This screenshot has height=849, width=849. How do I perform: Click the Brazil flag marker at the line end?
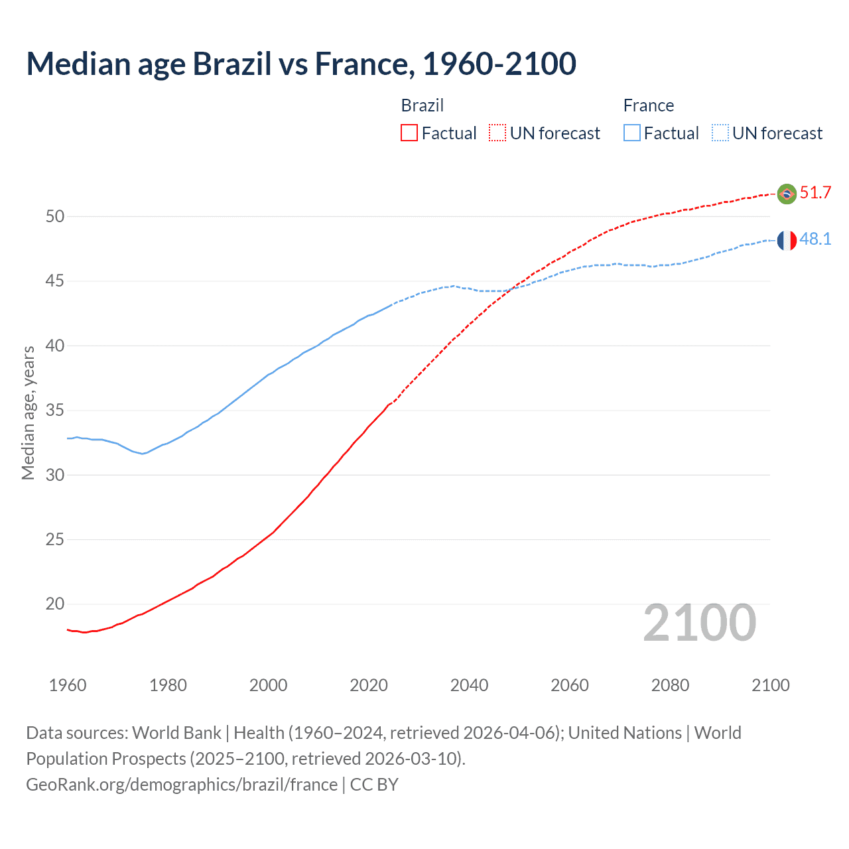[x=787, y=194]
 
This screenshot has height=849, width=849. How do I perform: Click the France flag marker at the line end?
[x=787, y=240]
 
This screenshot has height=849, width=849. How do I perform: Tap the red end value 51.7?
[x=815, y=193]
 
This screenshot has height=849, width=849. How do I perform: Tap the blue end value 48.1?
[x=815, y=239]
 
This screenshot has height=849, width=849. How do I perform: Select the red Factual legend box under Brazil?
[x=409, y=133]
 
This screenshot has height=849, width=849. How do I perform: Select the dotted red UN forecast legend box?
[x=497, y=133]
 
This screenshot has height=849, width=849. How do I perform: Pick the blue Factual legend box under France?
[x=632, y=133]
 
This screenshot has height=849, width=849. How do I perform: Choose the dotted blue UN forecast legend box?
[x=720, y=133]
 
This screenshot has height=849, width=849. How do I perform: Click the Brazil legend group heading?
[x=422, y=105]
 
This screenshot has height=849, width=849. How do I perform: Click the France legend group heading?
[x=648, y=105]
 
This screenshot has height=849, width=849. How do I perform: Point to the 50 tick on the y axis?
[x=55, y=216]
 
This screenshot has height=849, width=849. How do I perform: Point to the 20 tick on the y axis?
[x=55, y=604]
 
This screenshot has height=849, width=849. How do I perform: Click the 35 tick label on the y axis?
[x=55, y=411]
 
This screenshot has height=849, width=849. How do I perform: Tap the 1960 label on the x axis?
[x=68, y=685]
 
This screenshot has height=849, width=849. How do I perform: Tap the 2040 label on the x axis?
[x=469, y=685]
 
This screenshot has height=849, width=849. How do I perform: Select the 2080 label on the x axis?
[x=670, y=685]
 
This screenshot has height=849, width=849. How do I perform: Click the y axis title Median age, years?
[x=28, y=413]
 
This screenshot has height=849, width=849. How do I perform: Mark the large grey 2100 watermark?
[x=699, y=623]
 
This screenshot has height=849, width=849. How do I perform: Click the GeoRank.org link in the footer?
[x=182, y=785]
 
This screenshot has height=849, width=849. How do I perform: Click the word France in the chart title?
[x=361, y=64]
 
